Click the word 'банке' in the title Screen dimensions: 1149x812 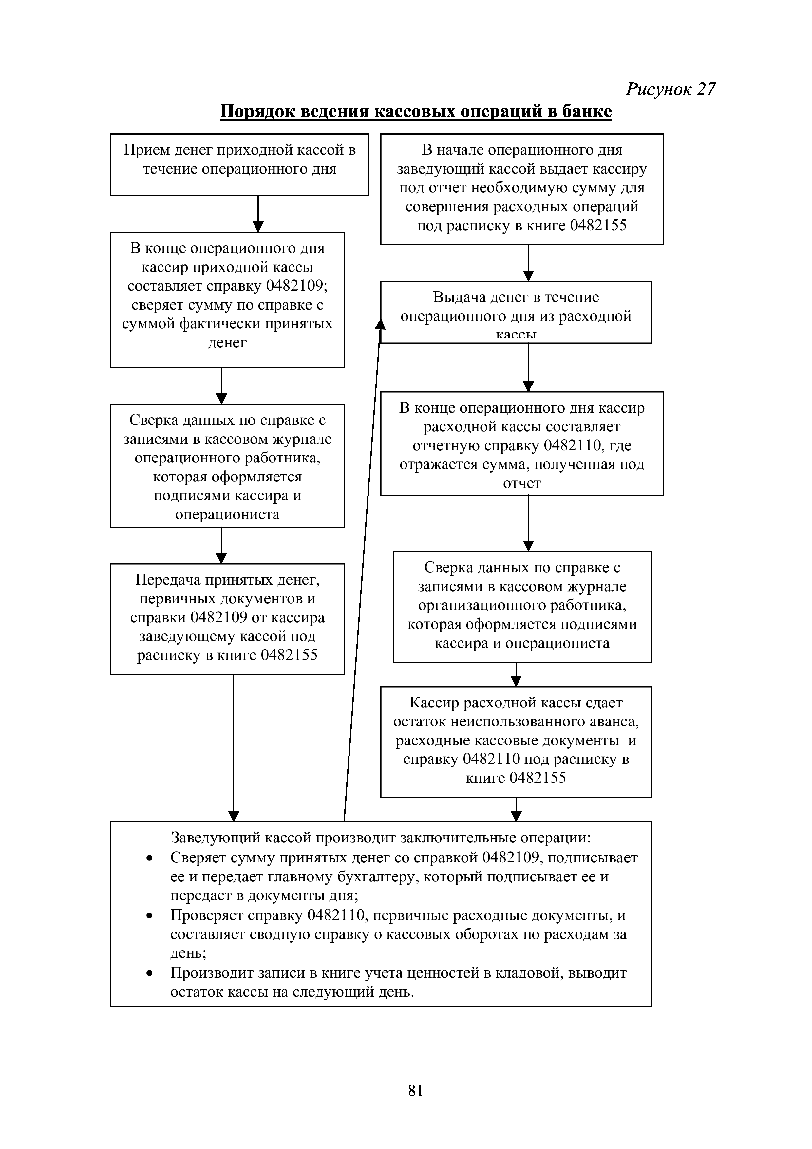pyautogui.click(x=587, y=111)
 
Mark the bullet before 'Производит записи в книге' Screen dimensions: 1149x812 pyautogui.click(x=149, y=973)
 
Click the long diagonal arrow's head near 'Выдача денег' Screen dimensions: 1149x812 pyautogui.click(x=380, y=324)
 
